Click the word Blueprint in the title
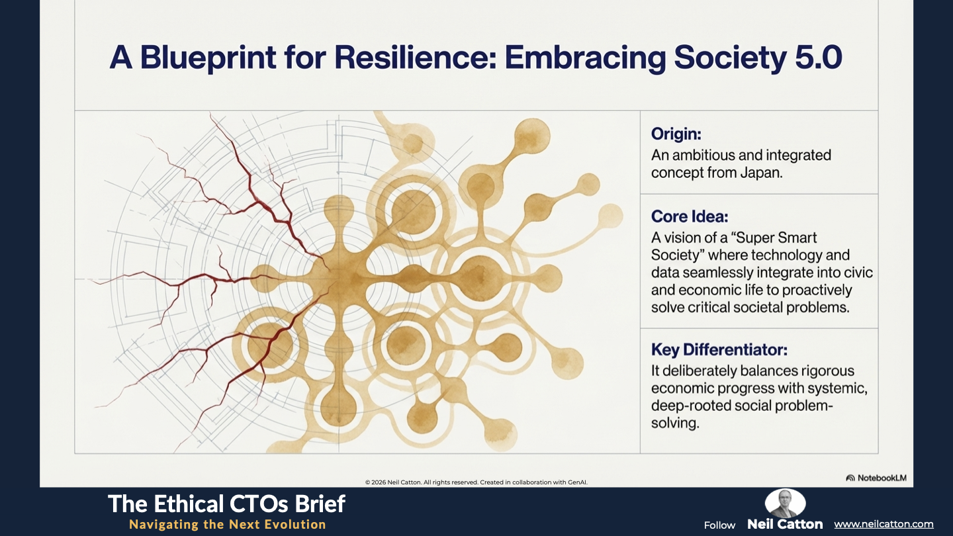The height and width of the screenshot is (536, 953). pos(208,58)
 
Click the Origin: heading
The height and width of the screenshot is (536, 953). pos(676,134)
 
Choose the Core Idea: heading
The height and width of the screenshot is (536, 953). pos(690,216)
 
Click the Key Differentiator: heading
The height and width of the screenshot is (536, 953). pos(719,349)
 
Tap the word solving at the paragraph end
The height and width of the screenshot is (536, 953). pos(675,424)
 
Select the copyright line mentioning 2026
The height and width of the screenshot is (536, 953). pos(476,482)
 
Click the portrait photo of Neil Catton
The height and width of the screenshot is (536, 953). pos(785,502)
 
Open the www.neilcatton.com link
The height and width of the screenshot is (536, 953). pos(884,524)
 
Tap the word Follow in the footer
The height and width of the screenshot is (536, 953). pos(719,525)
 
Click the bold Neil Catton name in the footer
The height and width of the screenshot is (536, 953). pos(785,524)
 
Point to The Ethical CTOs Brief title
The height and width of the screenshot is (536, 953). pos(226,504)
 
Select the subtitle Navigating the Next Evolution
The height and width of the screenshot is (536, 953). pos(228,524)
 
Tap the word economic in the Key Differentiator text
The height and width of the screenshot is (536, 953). pos(682,388)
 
